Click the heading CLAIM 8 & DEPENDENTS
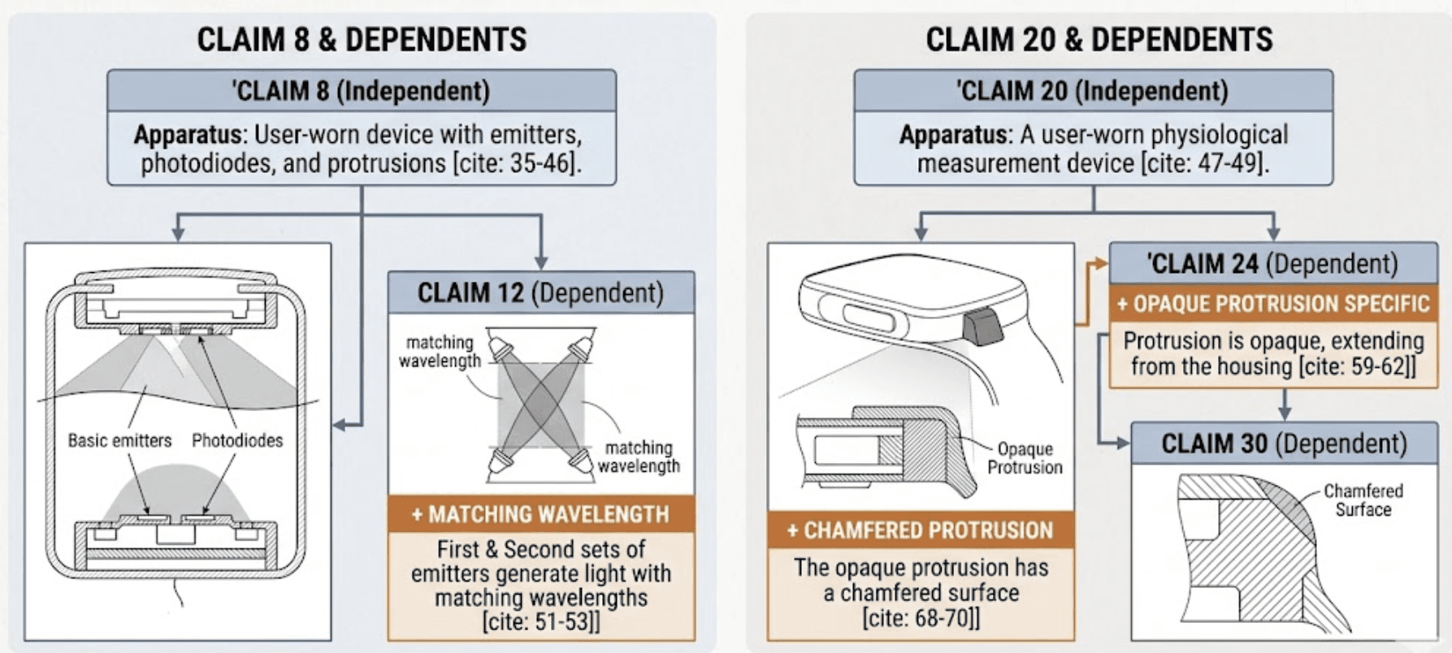click(362, 39)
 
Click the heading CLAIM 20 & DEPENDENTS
click(1099, 39)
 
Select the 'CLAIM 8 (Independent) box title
click(362, 91)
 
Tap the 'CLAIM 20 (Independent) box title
click(1093, 91)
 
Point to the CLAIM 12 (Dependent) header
click(541, 292)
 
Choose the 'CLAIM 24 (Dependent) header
click(1273, 263)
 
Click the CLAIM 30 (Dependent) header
click(1284, 443)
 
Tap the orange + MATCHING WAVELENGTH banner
click(541, 514)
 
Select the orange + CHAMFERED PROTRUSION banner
click(921, 530)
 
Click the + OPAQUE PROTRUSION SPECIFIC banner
click(1273, 304)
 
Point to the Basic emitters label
click(120, 440)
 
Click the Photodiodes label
click(237, 440)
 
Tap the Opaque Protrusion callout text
click(1025, 458)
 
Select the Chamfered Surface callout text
click(1363, 500)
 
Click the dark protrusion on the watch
click(983, 326)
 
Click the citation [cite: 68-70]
click(921, 618)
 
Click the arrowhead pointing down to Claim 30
click(1284, 413)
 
